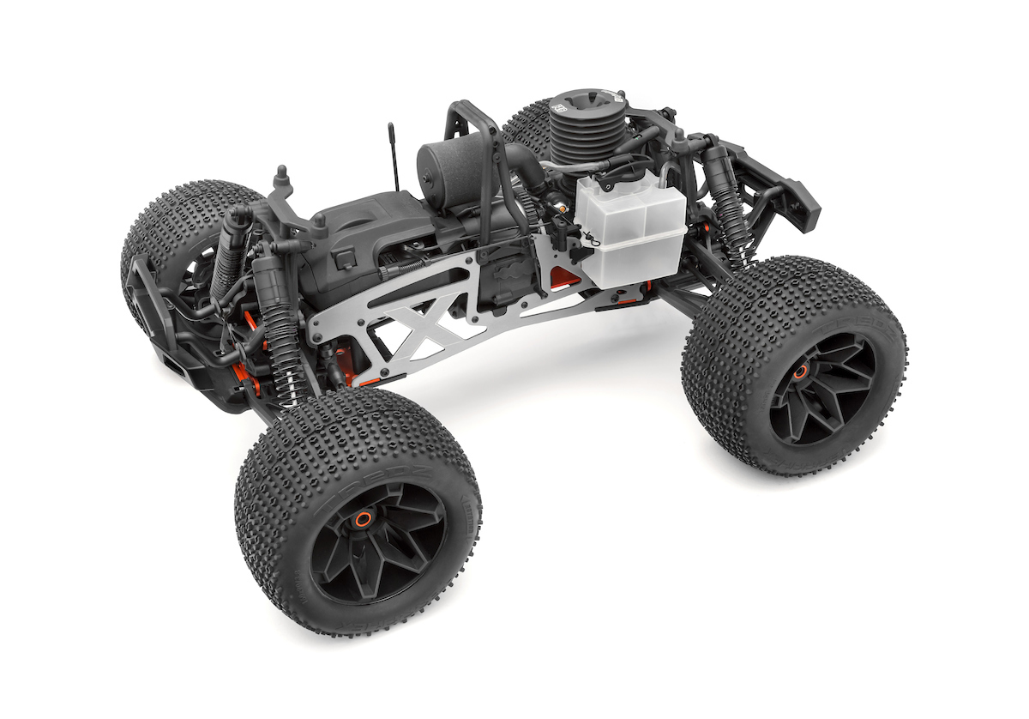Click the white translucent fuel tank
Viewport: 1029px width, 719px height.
click(630, 232)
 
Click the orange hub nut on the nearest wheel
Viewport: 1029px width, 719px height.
click(364, 518)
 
